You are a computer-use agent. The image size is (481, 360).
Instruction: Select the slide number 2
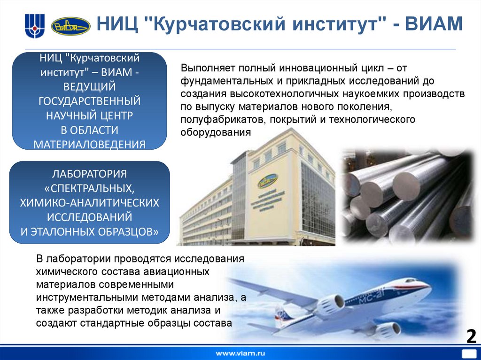pos(471,337)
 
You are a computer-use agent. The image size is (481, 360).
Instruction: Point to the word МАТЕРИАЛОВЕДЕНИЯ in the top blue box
pos(89,144)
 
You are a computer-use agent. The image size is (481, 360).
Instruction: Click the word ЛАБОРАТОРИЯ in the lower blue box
pos(89,174)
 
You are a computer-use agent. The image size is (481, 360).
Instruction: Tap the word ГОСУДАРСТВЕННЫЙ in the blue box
pos(89,101)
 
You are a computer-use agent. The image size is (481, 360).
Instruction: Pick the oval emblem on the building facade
pos(268,180)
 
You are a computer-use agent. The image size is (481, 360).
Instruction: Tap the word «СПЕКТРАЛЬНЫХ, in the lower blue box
pos(89,188)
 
